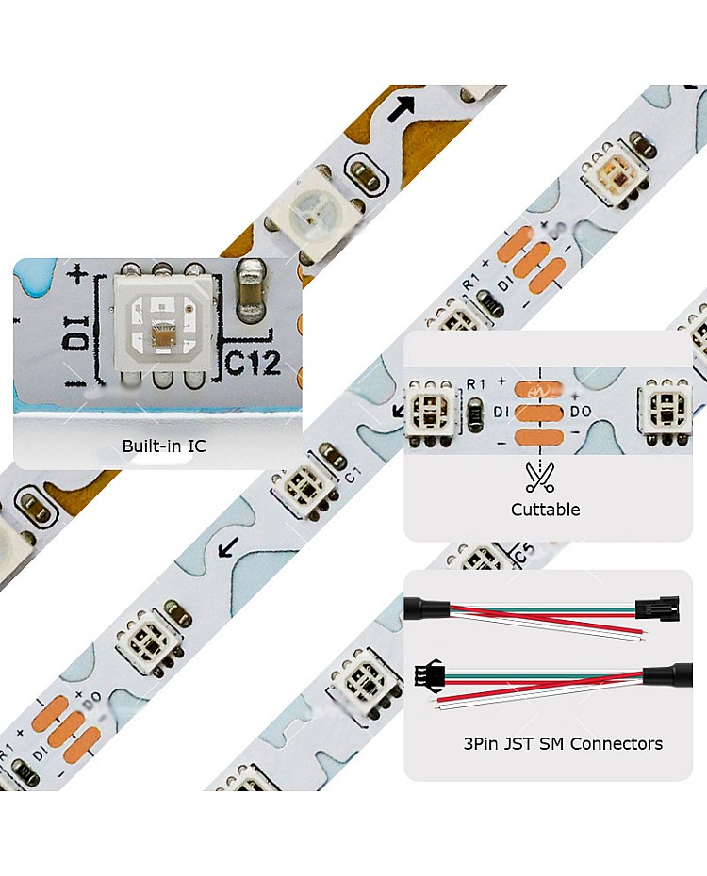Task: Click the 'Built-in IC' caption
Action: point(164,446)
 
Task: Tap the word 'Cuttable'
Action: point(545,510)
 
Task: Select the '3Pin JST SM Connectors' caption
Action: point(563,743)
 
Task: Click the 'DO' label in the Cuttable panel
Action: point(582,412)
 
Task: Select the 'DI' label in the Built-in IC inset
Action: point(78,332)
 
